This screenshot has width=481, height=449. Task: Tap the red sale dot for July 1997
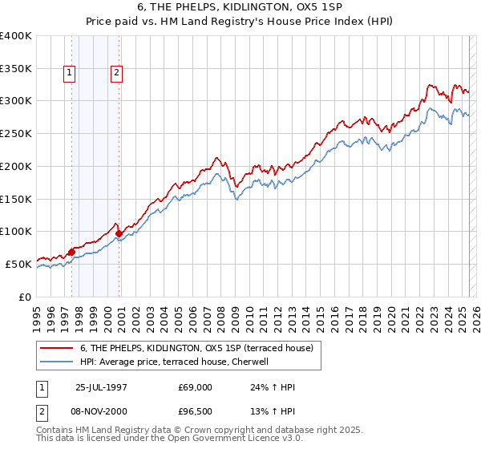(71, 252)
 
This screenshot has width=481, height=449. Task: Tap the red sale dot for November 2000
(119, 234)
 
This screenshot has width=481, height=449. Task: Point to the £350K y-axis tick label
(16, 68)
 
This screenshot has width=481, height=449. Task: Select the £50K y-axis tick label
(18, 264)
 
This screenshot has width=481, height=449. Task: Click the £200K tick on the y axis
(16, 166)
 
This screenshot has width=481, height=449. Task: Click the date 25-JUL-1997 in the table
(101, 387)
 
